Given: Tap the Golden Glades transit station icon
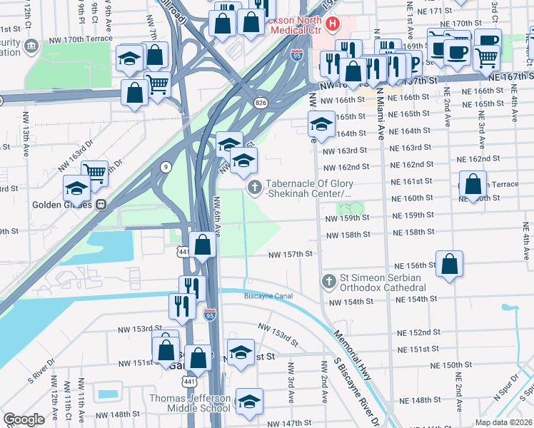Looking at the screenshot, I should (101, 204).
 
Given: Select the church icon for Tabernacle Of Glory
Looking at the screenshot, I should (253, 188).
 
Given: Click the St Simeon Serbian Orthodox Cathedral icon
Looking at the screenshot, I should (328, 280).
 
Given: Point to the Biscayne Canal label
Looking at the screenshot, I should (268, 296).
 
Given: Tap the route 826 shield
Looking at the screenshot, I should (262, 103).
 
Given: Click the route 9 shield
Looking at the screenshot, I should (166, 167).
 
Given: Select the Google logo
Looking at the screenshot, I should (24, 419).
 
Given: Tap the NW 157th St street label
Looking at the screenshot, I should (291, 254).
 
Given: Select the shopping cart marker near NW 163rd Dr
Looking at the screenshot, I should (94, 172).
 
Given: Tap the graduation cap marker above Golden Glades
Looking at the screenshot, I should (76, 189).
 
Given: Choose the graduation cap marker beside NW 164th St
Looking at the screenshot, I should (321, 124).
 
